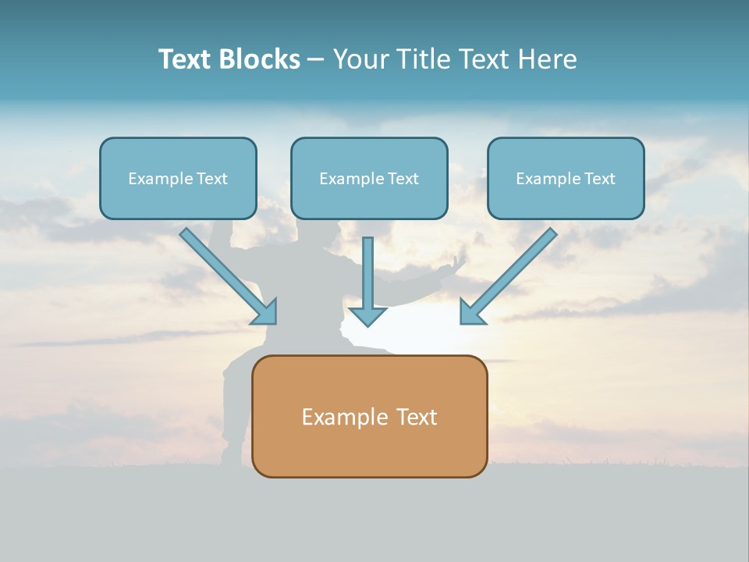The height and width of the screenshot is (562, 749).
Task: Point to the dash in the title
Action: coord(316,60)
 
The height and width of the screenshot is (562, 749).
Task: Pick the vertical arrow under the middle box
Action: coord(367,273)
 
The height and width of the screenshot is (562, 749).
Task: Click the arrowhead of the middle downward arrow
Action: coord(367,315)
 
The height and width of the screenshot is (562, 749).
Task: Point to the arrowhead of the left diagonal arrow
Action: coord(265,312)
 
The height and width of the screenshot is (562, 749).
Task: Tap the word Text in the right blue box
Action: coord(599,179)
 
